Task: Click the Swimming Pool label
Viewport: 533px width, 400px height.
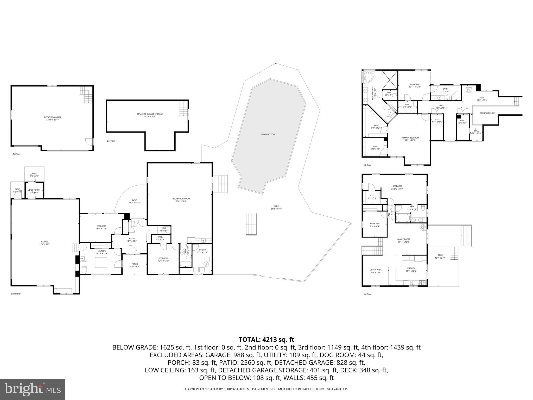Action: tap(268, 134)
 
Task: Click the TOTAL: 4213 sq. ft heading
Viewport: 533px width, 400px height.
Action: tap(266, 340)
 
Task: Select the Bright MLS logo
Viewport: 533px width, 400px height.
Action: tap(33, 389)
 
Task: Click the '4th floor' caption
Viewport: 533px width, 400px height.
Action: tap(367, 165)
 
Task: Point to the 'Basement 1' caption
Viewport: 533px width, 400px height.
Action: tap(16, 294)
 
